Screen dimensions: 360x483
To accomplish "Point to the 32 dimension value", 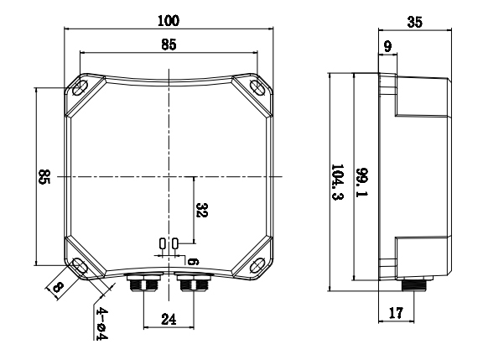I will (200, 210).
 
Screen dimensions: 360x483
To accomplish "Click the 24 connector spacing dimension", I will (169, 320).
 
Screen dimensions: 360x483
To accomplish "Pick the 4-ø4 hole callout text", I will (100, 323).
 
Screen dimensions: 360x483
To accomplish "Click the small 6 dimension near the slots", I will (192, 261).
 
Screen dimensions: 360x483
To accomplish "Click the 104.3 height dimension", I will (337, 182).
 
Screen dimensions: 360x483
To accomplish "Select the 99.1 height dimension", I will (361, 182).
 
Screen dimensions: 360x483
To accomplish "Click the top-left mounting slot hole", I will (83, 88).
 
